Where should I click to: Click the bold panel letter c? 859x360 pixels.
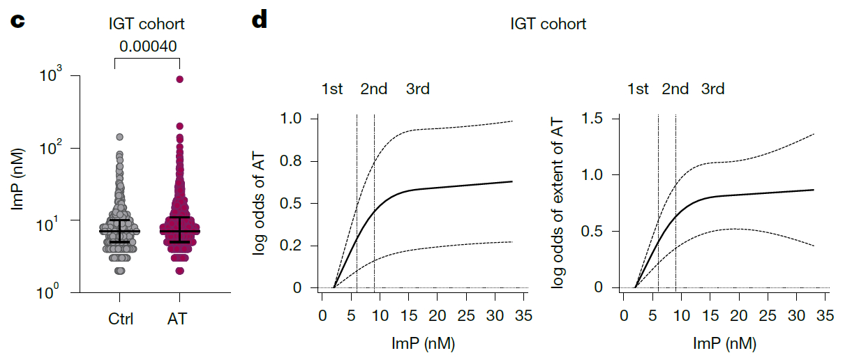click(17, 20)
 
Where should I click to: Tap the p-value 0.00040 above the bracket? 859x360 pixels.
click(147, 46)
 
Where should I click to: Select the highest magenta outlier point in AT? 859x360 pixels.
click(179, 80)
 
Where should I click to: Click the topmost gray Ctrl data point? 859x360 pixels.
click(119, 137)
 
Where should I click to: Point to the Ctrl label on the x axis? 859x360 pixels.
click(121, 320)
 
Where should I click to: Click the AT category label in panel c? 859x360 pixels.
click(177, 320)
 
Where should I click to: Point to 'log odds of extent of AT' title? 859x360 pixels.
click(558, 203)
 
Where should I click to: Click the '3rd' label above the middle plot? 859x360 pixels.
click(417, 89)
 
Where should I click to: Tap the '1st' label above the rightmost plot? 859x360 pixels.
click(638, 89)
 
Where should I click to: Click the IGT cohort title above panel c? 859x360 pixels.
click(147, 24)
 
